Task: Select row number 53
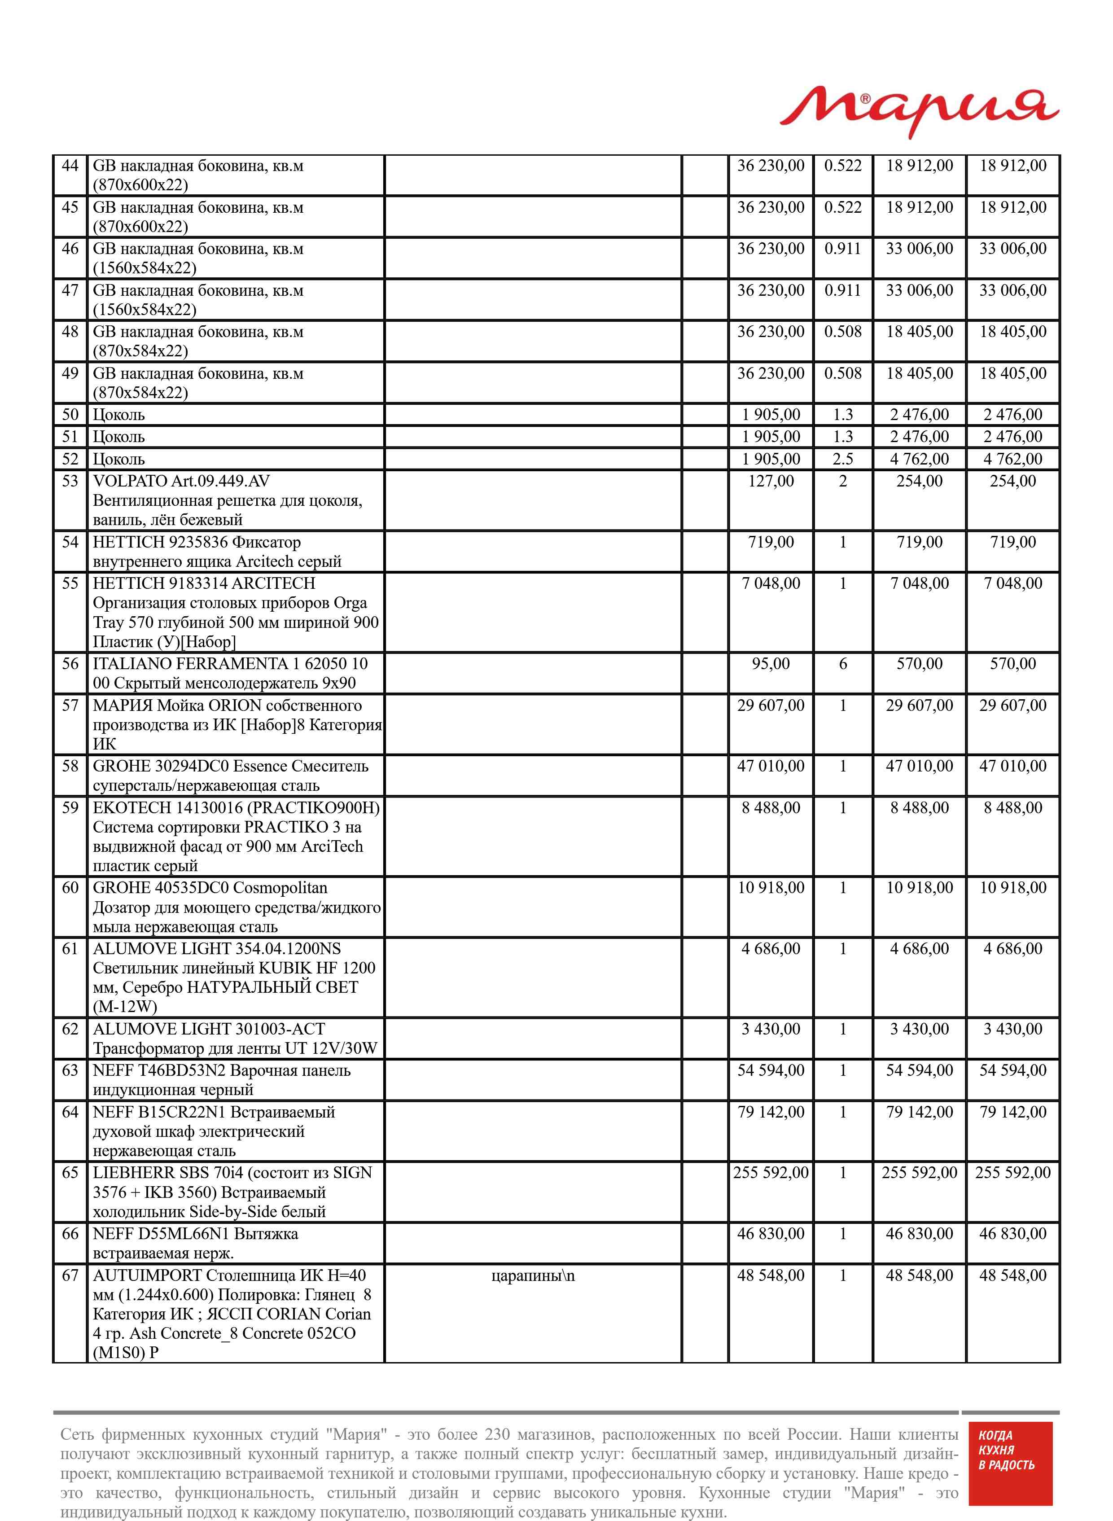70,481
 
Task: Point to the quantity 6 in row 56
842,663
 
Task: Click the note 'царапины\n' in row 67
533,1275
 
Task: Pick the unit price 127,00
771,481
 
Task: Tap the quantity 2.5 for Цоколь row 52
842,459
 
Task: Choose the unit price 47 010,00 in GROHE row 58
771,766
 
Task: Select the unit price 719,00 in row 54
771,542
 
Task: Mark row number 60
70,888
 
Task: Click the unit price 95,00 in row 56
771,663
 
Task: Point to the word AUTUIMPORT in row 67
147,1275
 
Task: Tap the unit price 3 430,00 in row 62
771,1029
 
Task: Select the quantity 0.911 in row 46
842,249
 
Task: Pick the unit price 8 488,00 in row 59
771,808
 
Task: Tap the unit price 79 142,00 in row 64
771,1112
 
